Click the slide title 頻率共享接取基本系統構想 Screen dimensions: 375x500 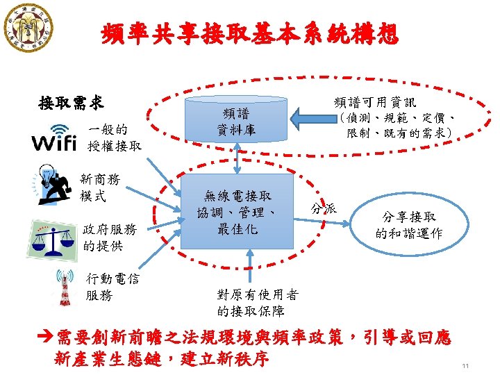point(250,33)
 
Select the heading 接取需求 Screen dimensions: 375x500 point(71,103)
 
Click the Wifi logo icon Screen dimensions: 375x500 point(54,137)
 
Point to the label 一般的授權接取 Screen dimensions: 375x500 point(115,137)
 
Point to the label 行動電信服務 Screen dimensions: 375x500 point(112,287)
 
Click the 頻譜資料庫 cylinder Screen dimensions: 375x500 point(237,122)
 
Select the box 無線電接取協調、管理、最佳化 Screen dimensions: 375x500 point(237,210)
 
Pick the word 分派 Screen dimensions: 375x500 point(324,208)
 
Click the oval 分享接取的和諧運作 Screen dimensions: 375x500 point(408,226)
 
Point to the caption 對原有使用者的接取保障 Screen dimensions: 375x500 point(257,302)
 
